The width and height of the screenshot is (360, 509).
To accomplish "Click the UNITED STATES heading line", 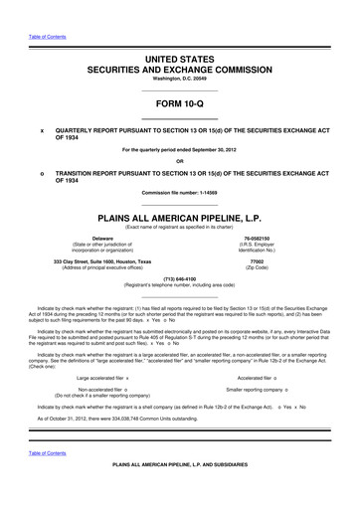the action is pos(179,61).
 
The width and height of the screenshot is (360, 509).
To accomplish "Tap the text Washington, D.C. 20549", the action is pos(179,83).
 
